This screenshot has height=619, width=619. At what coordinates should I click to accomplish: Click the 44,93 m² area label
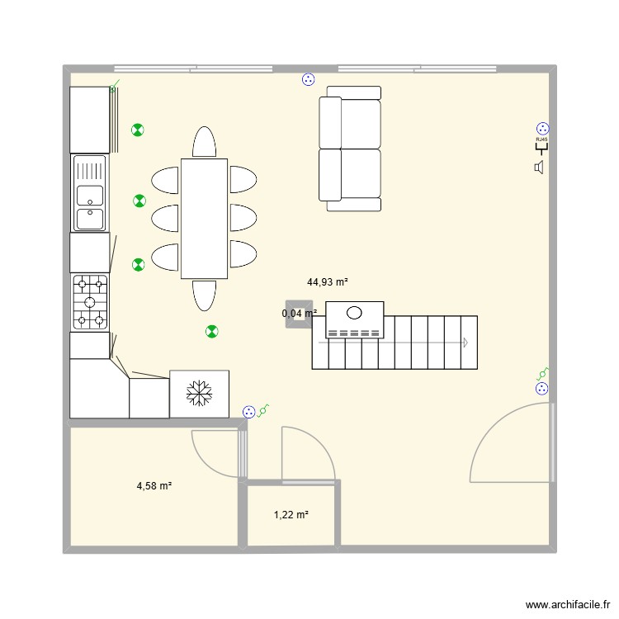tap(328, 282)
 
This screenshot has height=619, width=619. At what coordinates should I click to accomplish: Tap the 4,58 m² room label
tap(154, 487)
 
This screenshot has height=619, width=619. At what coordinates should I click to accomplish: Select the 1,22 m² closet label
tap(291, 515)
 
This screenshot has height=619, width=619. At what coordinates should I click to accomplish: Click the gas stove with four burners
tap(90, 302)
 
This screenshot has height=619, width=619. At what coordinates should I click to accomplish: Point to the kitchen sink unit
tap(90, 193)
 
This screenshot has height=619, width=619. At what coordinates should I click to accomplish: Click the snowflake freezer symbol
tap(198, 393)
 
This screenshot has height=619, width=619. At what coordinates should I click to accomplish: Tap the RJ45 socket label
tap(542, 140)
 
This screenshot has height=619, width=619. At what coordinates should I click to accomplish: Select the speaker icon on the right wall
tap(540, 168)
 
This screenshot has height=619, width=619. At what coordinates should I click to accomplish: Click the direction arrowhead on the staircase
tap(465, 343)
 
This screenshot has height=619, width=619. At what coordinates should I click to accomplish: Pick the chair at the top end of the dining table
tap(204, 142)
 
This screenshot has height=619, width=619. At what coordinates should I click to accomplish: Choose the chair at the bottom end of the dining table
tap(204, 295)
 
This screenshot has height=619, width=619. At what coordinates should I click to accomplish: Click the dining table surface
tap(204, 218)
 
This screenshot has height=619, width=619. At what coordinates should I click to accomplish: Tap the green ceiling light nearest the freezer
tap(212, 331)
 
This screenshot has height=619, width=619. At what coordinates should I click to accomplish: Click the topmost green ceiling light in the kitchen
tap(138, 130)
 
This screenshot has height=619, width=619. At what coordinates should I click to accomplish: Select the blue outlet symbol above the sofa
tap(308, 80)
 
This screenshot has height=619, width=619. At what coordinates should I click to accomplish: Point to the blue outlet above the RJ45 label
tap(542, 128)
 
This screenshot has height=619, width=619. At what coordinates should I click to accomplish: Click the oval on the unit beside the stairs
tap(355, 313)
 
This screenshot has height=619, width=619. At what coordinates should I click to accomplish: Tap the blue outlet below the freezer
tap(248, 412)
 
